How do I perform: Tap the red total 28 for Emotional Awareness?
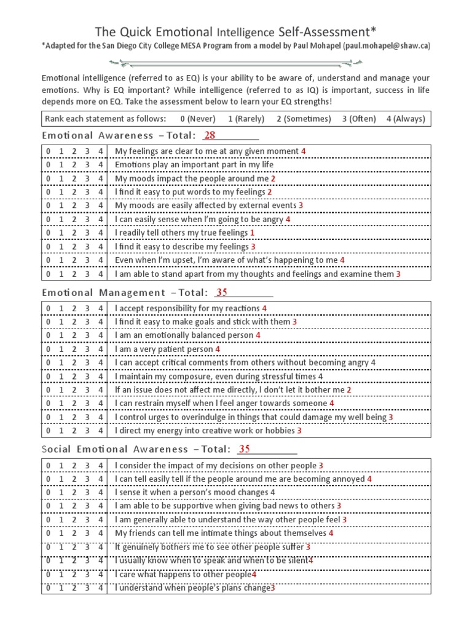[210, 135]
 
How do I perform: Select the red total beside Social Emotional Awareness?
[245, 449]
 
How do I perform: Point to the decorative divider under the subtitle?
[236, 62]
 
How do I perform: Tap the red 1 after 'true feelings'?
[252, 233]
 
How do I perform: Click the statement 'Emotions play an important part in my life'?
[194, 165]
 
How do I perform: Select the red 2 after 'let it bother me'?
[348, 390]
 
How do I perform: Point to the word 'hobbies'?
[280, 431]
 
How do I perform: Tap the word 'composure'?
[183, 377]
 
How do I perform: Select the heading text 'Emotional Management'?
[103, 293]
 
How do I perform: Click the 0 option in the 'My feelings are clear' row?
[48, 151]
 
